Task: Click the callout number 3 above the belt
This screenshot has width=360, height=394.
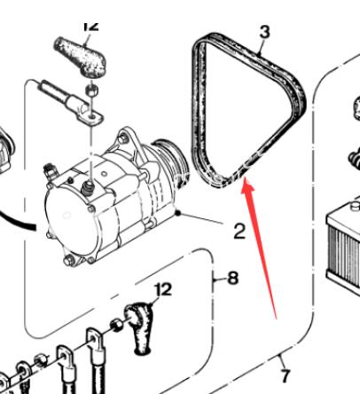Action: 265,32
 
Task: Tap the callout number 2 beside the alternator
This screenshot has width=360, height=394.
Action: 239,231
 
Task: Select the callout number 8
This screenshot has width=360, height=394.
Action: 233,278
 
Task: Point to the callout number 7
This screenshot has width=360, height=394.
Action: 286,375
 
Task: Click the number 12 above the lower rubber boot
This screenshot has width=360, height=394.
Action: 163,289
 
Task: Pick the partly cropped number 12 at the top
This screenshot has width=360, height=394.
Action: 91,26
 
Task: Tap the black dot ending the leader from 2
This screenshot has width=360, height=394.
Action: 177,213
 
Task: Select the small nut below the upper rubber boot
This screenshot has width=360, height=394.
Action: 91,90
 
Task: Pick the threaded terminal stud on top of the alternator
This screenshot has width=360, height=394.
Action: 88,188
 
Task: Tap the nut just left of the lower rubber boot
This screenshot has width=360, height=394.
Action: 116,325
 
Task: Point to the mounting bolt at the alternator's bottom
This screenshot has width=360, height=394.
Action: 68,260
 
